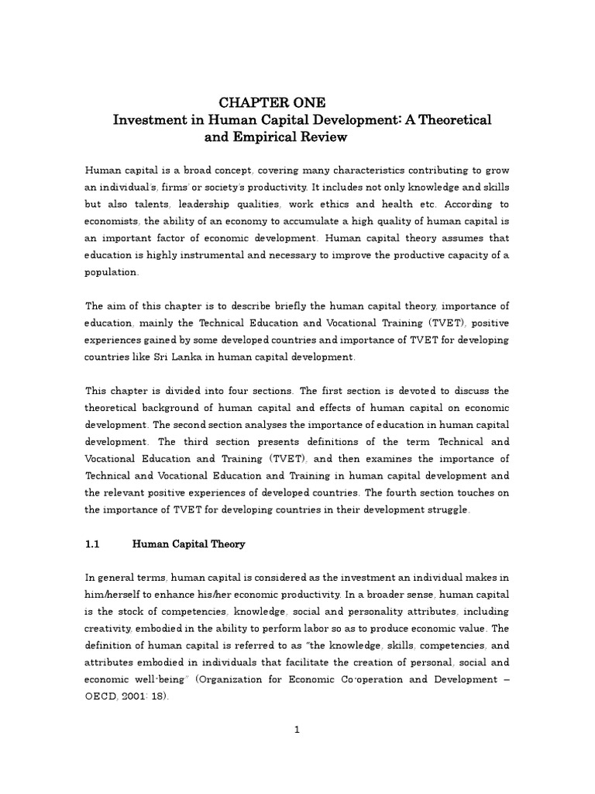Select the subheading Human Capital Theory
189,544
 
